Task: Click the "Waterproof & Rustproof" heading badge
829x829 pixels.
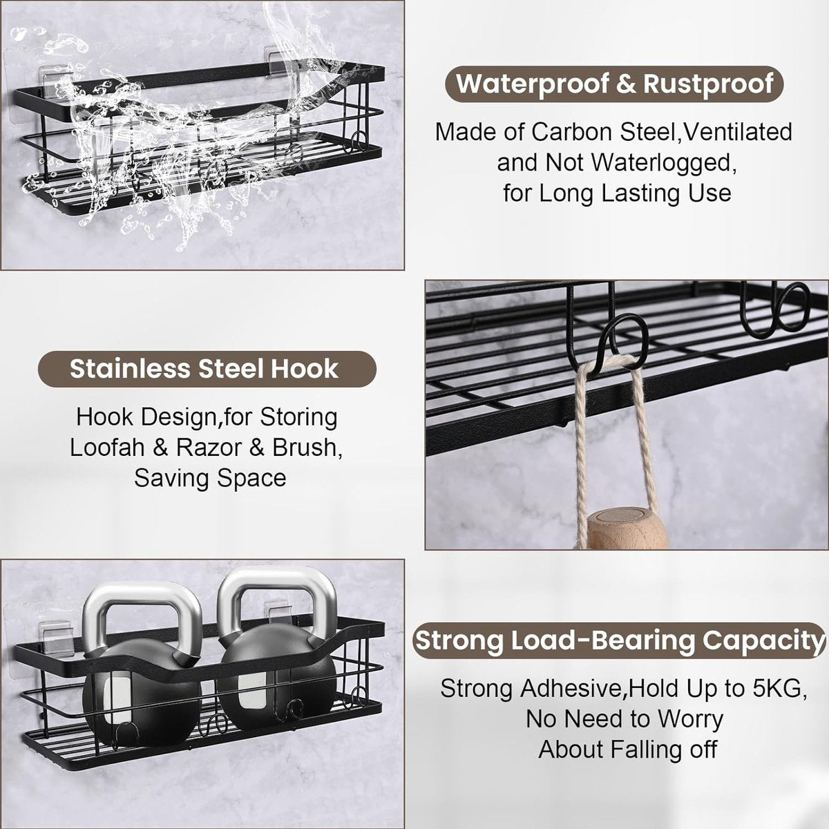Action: point(614,84)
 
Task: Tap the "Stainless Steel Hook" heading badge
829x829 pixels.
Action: point(207,369)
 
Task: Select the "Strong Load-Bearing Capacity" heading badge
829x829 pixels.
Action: point(618,640)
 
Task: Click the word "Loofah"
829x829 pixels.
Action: point(106,448)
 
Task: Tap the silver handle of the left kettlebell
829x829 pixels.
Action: point(142,602)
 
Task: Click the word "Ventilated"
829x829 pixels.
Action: point(737,132)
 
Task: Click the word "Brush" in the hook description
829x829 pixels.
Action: point(305,448)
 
